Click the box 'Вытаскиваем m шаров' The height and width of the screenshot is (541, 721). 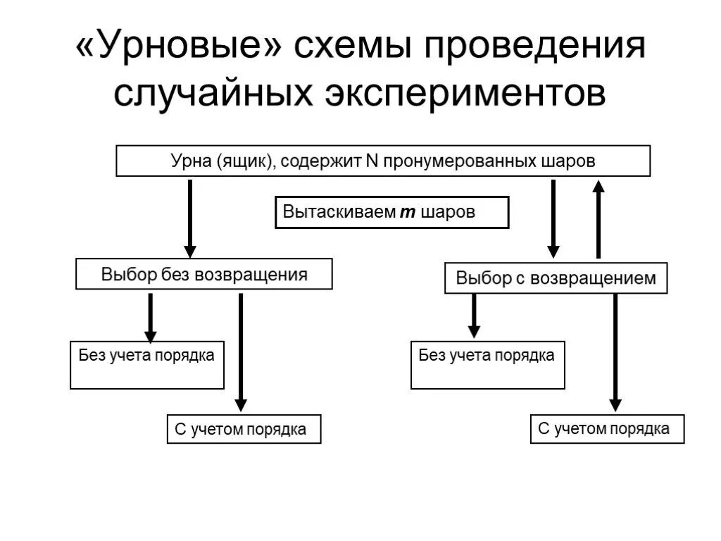pos(391,212)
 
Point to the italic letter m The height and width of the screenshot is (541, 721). pos(408,212)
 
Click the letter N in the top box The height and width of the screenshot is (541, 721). pos(372,161)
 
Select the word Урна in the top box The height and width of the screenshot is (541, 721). pos(191,161)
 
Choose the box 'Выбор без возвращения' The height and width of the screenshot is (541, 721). pos(204,274)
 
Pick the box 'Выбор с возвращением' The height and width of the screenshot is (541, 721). pos(556,278)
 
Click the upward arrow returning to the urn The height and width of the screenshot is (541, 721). pos(598,218)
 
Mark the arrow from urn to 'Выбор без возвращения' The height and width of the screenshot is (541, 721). pos(189,218)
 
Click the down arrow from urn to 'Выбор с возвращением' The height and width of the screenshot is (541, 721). pos(553,218)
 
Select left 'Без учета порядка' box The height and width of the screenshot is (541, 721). pos(147,365)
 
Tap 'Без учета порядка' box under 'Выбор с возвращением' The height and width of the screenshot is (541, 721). pos(487,365)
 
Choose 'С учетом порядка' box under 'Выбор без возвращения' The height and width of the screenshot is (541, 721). pos(244,429)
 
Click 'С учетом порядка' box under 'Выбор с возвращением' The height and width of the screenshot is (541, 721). pos(607,428)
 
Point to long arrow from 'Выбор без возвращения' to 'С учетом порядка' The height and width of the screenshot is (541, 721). pos(241,352)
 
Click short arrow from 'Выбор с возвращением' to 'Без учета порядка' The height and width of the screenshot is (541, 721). pos(474,316)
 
